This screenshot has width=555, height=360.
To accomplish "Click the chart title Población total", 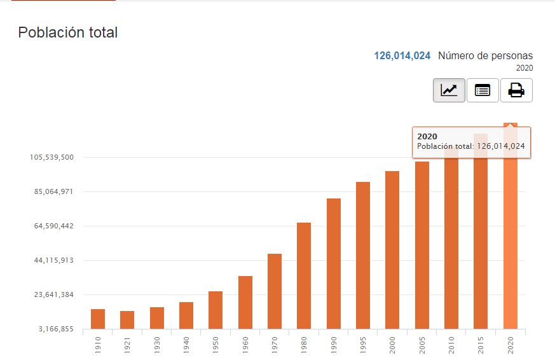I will click(x=68, y=32).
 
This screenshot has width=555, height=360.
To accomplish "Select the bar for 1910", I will click(x=98, y=319).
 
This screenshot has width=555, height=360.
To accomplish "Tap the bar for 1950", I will click(x=216, y=310).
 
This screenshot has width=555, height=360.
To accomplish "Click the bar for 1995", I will click(x=363, y=255).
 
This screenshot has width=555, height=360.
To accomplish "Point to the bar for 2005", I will click(x=422, y=245).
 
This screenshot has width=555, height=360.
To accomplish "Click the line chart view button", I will click(x=449, y=90).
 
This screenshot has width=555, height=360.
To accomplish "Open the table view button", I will click(x=483, y=90).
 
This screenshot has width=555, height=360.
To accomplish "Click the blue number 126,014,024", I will click(x=402, y=56).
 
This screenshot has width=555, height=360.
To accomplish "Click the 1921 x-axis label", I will click(x=127, y=344).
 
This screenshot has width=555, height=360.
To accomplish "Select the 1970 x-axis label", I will click(x=275, y=344).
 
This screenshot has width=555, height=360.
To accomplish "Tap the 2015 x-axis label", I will click(x=481, y=344).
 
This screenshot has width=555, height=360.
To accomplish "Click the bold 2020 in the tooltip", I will click(x=427, y=136).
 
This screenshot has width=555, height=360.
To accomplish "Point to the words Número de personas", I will click(x=486, y=56).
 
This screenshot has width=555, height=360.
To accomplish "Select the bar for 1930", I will click(x=157, y=317).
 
